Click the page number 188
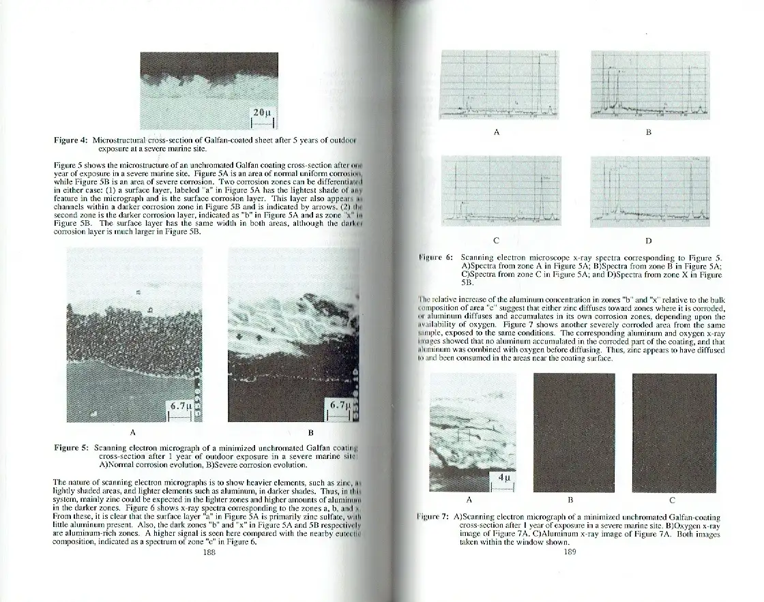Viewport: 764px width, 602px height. pyautogui.click(x=209, y=553)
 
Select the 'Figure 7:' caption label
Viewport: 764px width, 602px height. pyautogui.click(x=437, y=517)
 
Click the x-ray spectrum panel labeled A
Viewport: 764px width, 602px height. pyautogui.click(x=501, y=84)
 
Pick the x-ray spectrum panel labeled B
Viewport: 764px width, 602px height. pyautogui.click(x=649, y=84)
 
